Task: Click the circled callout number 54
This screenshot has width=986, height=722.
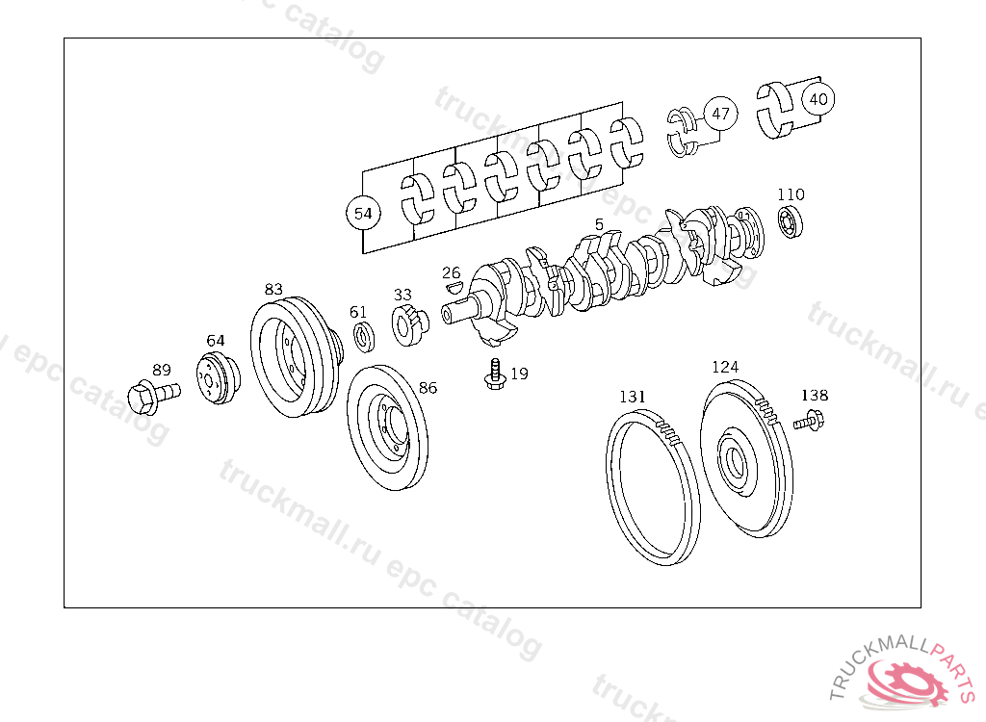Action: coord(363,213)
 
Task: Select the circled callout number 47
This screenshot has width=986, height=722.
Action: coord(720,114)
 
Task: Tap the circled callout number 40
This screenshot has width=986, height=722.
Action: coord(818,99)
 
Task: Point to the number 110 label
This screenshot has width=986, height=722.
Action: coord(791,194)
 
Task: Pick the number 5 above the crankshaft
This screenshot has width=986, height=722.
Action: coord(599,224)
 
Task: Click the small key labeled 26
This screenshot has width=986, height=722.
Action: coord(453,288)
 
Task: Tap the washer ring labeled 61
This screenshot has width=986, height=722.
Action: coord(364,337)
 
